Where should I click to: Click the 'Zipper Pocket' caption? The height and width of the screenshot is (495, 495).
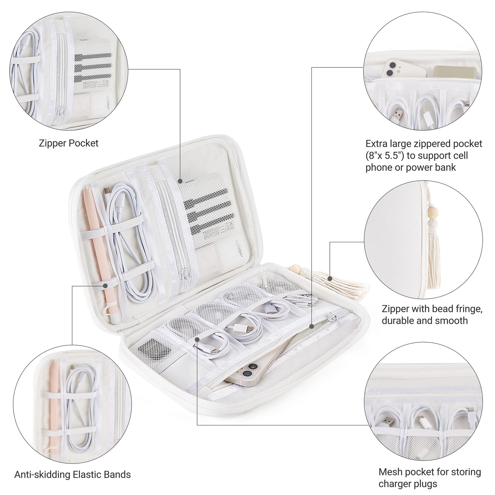coord(69,143)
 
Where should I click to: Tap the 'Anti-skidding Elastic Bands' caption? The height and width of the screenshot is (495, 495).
coord(72,474)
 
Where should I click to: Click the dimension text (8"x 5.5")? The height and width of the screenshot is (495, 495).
coord(385,156)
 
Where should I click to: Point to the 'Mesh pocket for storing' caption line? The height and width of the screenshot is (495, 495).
coord(430,472)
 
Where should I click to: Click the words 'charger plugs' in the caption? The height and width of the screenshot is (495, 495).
coord(407,484)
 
